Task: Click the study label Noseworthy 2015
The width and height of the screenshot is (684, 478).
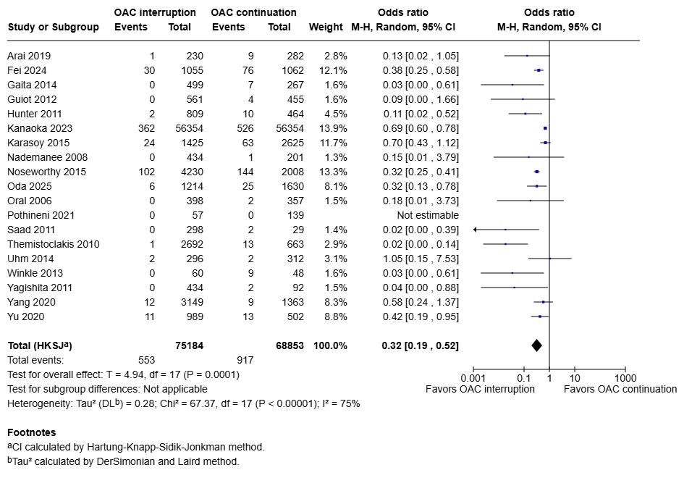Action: point(46,172)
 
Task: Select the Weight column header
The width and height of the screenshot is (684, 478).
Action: point(326,27)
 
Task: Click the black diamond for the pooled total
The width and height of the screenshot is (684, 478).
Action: point(536,345)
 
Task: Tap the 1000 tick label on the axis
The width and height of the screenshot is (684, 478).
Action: point(625,377)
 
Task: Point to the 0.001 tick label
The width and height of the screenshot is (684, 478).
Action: point(473,377)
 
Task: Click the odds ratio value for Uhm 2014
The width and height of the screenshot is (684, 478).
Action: point(420,259)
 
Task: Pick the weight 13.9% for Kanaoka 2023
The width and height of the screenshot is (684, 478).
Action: point(332,128)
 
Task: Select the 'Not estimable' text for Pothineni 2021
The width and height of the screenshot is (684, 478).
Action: point(427,215)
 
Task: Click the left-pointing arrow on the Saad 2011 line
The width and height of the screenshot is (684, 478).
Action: point(476,230)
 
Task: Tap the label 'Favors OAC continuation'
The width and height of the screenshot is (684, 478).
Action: point(620,389)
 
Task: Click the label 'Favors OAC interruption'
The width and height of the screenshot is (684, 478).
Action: point(480,389)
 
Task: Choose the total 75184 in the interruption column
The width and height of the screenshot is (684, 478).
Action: point(189,345)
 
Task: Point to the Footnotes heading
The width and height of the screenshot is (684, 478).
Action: point(31,432)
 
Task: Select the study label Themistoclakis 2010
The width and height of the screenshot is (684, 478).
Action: point(54,244)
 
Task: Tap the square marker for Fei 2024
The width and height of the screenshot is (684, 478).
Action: point(539,70)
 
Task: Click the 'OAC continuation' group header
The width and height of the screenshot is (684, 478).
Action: point(253,12)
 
